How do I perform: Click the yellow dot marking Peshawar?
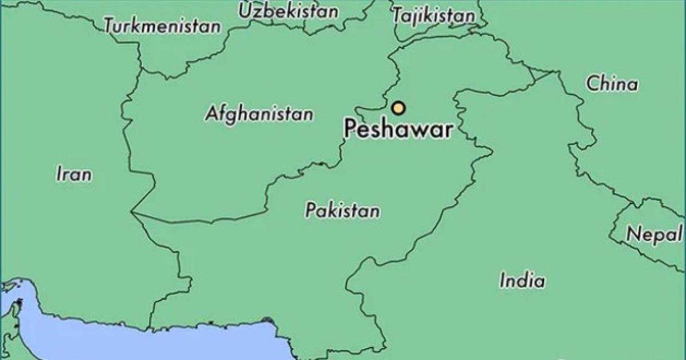(398, 107)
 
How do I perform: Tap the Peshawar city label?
(398, 129)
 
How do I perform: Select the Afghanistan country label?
(259, 114)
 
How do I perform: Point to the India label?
(522, 281)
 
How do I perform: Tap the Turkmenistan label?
(162, 26)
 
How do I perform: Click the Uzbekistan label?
(288, 11)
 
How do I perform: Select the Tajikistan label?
(434, 16)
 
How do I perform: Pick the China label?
(612, 85)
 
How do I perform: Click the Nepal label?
(654, 234)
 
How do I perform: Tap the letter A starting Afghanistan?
(210, 113)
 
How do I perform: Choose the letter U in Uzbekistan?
(245, 11)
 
